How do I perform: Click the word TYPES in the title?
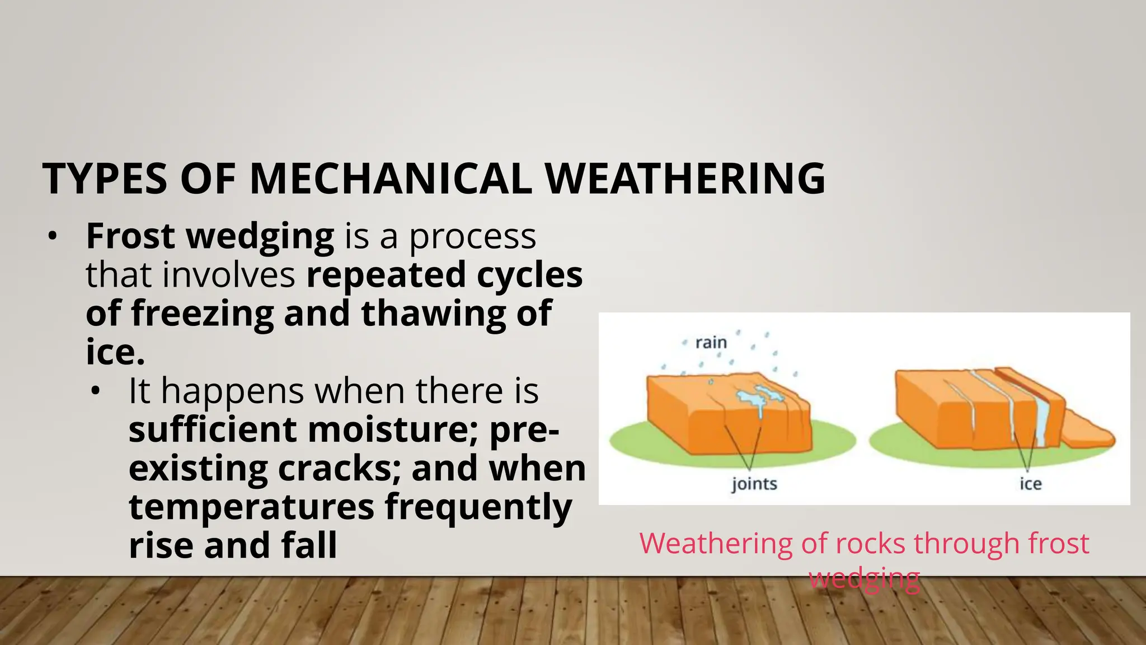tap(105, 179)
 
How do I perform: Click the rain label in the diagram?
tap(711, 342)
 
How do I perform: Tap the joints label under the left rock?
tap(754, 483)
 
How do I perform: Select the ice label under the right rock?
tap(1030, 483)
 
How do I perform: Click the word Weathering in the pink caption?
tap(715, 543)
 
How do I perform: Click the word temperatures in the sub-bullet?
tap(251, 507)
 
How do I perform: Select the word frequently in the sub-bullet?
tap(478, 507)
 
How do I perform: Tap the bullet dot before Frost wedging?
tap(52, 236)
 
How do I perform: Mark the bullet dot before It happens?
tap(95, 391)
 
